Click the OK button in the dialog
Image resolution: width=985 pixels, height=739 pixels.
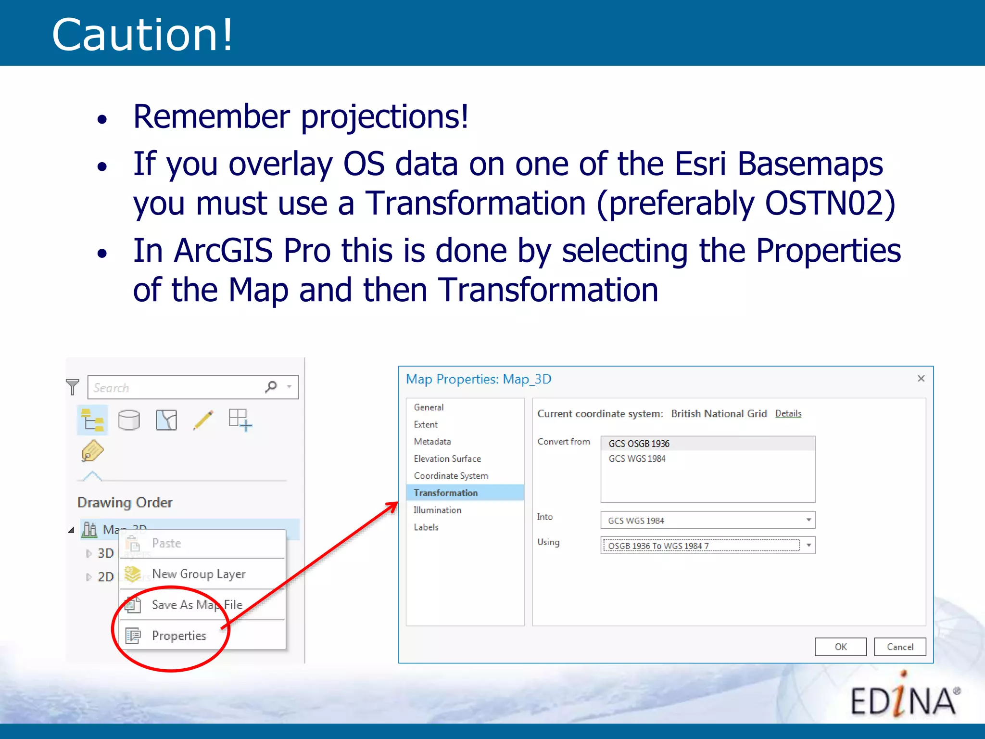840,647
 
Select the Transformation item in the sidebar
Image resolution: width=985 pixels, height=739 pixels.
445,493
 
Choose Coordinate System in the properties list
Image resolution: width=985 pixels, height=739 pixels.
451,476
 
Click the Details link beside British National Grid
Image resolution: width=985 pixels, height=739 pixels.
788,413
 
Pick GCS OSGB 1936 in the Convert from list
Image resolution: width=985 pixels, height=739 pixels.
639,444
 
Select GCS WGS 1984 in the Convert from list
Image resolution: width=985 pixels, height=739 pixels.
637,459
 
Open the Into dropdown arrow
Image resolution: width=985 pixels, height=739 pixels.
808,520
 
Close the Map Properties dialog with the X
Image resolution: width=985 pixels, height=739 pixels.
921,379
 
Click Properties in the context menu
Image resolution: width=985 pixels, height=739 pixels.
179,636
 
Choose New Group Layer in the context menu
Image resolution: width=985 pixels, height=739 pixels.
198,574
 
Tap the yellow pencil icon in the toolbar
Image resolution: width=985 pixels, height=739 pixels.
203,420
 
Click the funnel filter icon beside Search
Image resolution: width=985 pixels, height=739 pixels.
73,387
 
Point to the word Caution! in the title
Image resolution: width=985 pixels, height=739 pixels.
142,35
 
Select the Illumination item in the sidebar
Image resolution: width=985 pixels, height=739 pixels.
437,510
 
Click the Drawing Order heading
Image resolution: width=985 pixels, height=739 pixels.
125,502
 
